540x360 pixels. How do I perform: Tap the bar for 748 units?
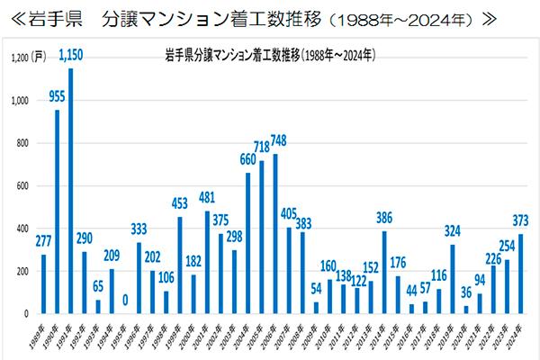tap(274, 233)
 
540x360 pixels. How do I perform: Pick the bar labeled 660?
tap(247, 243)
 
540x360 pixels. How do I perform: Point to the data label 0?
tap(125, 301)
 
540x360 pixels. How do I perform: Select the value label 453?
tap(179, 203)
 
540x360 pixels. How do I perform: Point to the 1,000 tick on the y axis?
tap(20, 102)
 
